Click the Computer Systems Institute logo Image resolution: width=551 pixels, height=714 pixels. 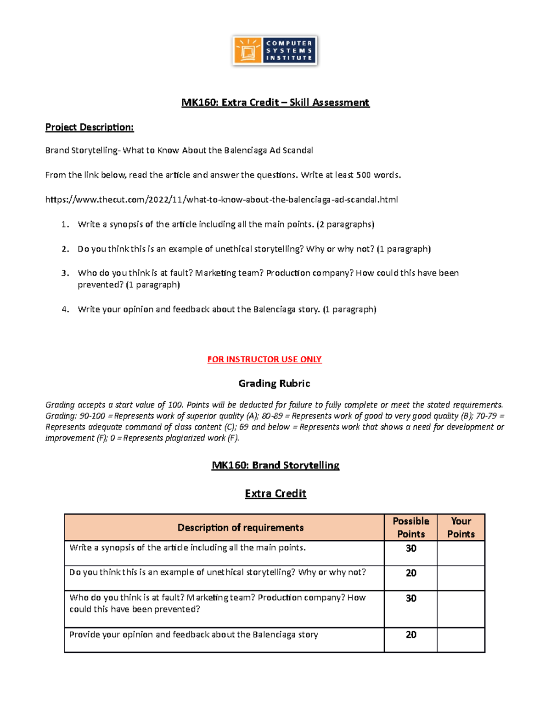tap(275, 51)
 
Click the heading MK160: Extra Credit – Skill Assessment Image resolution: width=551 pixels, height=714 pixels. tap(275, 103)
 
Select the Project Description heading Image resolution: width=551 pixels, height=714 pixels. tap(90, 127)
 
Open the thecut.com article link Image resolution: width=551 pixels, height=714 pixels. tap(221, 200)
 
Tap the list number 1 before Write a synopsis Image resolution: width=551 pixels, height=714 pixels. tap(65, 224)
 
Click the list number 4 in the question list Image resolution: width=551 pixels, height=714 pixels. tap(65, 309)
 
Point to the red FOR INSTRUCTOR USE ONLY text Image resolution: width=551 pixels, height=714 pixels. tap(264, 360)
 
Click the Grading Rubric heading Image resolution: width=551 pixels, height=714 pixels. tap(275, 383)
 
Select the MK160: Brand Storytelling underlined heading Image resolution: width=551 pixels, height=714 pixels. tap(275, 465)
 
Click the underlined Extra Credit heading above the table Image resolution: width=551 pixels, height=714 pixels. tap(275, 494)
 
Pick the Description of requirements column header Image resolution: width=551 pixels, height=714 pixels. tap(241, 528)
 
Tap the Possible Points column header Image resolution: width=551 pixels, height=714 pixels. tap(411, 527)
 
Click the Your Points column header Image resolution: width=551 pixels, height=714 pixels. tap(461, 527)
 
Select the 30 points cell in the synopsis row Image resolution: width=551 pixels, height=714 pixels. tap(411, 548)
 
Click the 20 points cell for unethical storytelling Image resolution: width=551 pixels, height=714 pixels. tap(411, 573)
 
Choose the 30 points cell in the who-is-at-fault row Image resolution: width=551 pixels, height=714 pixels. tap(411, 599)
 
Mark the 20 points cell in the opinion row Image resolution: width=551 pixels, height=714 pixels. tap(411, 635)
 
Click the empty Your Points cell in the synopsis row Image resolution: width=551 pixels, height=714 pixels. tap(461, 553)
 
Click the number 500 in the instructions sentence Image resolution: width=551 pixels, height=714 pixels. tap(364, 175)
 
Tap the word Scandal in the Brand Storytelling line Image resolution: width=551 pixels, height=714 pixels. tap(298, 150)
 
